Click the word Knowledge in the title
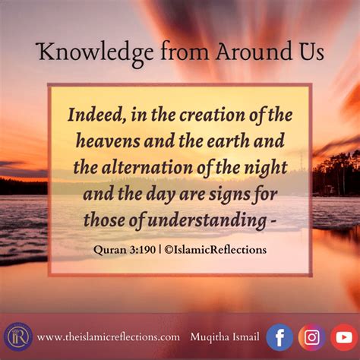click(96, 53)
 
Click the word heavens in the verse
click(108, 141)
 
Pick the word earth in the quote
click(228, 141)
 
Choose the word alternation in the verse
click(147, 167)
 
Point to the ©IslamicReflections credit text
click(215, 250)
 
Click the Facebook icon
click(279, 337)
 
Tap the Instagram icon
click(311, 337)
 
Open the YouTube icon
click(344, 337)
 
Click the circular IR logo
click(18, 336)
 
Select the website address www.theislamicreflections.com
click(109, 337)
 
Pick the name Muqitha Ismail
click(225, 337)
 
